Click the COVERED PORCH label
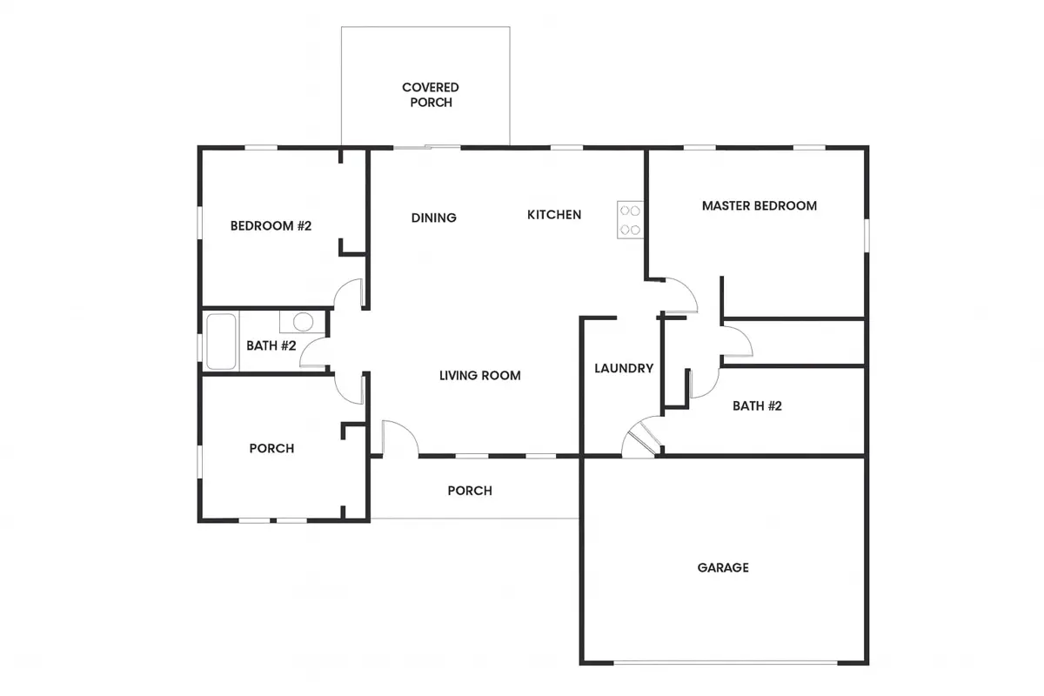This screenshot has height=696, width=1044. [430, 95]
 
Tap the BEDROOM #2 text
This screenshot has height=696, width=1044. [271, 226]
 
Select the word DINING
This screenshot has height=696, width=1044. [434, 217]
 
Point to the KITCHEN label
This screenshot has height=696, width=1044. [554, 215]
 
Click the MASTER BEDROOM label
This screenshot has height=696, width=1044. [760, 206]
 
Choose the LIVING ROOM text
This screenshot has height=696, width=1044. [480, 376]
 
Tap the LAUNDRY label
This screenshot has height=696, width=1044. [624, 369]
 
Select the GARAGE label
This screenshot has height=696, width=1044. [723, 568]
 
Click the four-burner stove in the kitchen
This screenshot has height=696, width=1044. [630, 220]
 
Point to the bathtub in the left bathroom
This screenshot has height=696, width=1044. [221, 342]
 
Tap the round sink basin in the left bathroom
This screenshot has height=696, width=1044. [303, 322]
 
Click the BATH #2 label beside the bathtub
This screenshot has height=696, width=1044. [271, 346]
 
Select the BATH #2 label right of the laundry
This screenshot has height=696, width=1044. [757, 406]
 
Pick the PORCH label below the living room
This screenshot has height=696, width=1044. [470, 491]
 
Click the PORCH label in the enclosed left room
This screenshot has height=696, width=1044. [271, 448]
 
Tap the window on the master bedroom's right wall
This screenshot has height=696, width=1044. [867, 236]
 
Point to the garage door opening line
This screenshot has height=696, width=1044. [726, 662]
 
